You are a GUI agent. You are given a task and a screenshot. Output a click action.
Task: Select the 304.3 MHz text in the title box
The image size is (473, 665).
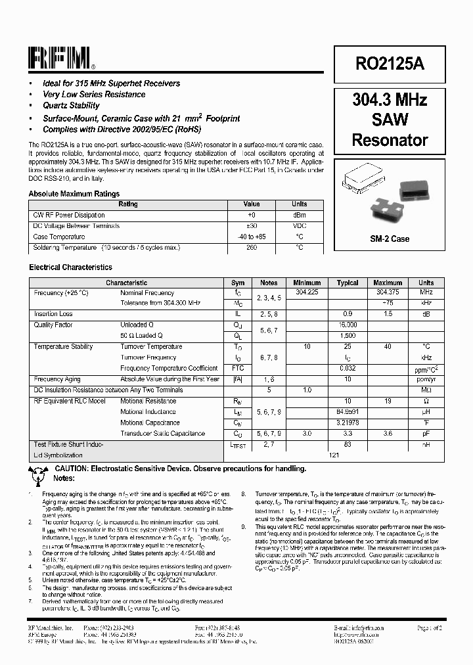pos(390,100)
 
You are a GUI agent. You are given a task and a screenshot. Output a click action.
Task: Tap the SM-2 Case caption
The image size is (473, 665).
pos(390,239)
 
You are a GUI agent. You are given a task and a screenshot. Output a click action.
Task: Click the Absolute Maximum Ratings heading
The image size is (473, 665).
pos(74,194)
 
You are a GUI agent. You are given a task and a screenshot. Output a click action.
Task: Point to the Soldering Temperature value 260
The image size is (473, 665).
pos(252,248)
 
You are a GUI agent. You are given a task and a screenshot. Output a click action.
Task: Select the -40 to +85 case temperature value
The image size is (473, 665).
pos(252,237)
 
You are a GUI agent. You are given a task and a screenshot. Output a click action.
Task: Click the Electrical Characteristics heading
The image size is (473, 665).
pos(70,267)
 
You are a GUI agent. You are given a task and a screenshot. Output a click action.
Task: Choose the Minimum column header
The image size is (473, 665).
pos(307,283)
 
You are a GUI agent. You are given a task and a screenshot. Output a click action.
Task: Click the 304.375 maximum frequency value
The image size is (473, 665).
pos(388,292)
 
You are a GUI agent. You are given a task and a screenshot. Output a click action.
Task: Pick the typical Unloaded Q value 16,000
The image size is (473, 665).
pos(348,325)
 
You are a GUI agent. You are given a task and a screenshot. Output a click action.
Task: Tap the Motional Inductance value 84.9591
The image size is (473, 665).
pos(348,412)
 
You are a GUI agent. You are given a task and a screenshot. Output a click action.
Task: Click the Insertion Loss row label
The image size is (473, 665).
pos(53,314)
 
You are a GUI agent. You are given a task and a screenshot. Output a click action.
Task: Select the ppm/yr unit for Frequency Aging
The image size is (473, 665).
pos(426,379)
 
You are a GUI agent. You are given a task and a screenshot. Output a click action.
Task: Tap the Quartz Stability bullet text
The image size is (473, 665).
pos(71,105)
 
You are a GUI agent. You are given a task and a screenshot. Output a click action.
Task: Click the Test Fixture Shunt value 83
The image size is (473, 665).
pos(348,444)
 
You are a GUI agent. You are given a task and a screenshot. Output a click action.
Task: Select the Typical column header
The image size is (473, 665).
pos(348,283)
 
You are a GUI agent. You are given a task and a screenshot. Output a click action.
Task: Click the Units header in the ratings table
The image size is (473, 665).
pos(299,204)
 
